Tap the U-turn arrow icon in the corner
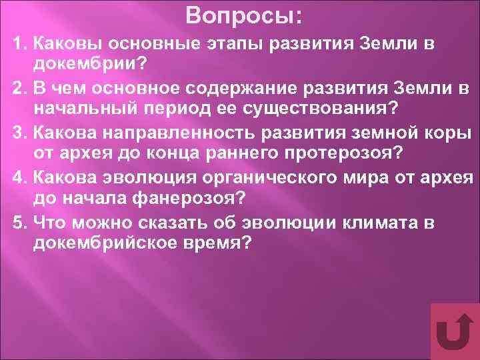455,332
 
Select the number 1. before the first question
19,44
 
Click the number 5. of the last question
19,223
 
